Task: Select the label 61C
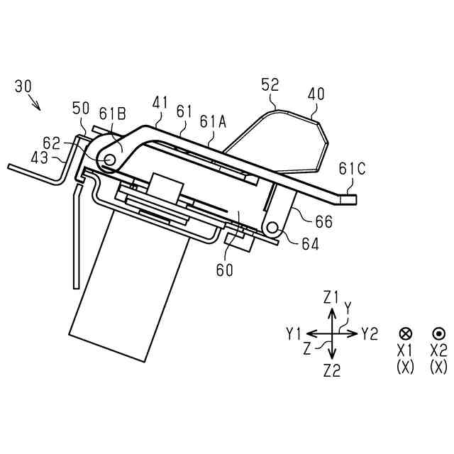(x=353, y=170)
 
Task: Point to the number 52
(x=270, y=86)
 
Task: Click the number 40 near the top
(x=316, y=94)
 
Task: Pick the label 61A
(x=213, y=122)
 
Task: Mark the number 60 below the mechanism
(x=225, y=270)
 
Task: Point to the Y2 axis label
(x=370, y=333)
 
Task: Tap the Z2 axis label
(x=331, y=369)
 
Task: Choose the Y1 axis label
(x=294, y=333)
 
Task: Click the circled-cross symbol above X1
(x=406, y=333)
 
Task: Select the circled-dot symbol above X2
(x=438, y=333)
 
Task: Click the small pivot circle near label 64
(x=272, y=228)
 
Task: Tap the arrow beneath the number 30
(x=33, y=104)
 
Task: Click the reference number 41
(x=160, y=104)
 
